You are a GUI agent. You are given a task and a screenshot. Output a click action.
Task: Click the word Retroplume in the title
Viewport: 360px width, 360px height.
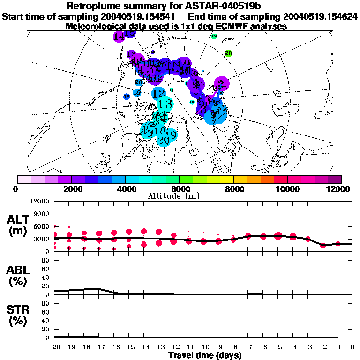pyautogui.click(x=94, y=7)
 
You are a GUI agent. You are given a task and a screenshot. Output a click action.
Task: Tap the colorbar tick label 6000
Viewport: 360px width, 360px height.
pyautogui.click(x=180, y=189)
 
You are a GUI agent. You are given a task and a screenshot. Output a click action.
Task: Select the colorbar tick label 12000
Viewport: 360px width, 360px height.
pyautogui.click(x=338, y=189)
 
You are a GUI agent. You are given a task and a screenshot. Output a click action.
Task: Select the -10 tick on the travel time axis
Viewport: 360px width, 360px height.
pyautogui.click(x=203, y=347)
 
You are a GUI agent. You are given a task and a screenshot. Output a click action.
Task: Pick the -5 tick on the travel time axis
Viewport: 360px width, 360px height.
pyautogui.click(x=277, y=347)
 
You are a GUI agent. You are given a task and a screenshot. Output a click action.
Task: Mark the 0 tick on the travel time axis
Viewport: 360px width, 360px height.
pyautogui.click(x=352, y=347)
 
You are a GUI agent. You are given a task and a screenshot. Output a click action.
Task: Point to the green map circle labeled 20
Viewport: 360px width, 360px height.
pyautogui.click(x=228, y=53)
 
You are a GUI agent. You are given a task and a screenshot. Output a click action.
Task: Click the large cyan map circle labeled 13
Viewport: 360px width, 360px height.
pyautogui.click(x=165, y=104)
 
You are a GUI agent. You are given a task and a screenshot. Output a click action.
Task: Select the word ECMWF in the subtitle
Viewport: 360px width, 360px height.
pyautogui.click(x=228, y=27)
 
